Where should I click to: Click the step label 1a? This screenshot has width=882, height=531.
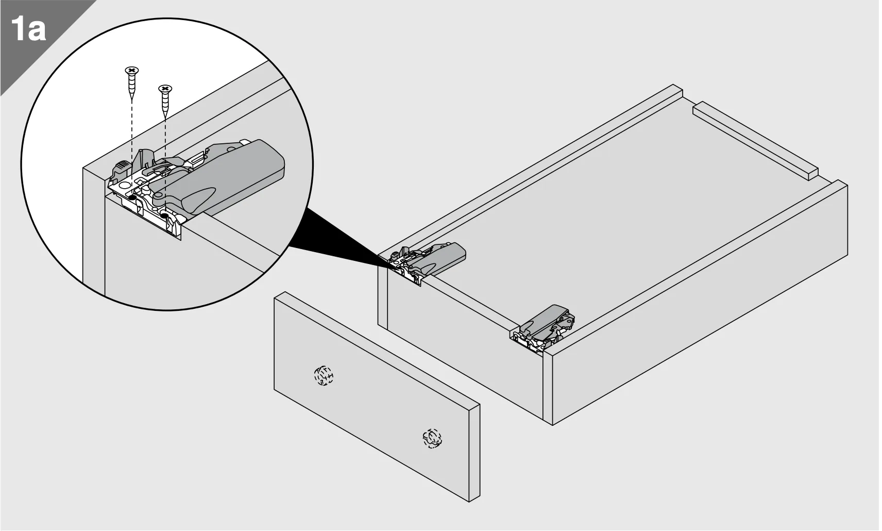click(x=28, y=28)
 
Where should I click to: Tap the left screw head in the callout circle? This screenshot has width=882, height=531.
click(x=132, y=71)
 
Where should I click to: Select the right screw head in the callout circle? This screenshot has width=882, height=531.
click(x=165, y=88)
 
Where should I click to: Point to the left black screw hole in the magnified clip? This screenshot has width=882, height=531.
click(x=133, y=197)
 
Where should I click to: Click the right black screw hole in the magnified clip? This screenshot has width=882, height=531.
click(x=165, y=215)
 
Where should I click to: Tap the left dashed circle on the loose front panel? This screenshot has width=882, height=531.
click(x=324, y=375)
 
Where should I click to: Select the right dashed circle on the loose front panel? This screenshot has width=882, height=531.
click(x=432, y=439)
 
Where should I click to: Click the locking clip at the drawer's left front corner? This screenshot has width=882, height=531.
click(x=427, y=261)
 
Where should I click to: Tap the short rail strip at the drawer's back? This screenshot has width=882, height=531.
click(x=755, y=140)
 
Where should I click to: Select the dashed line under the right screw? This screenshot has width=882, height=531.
click(x=165, y=165)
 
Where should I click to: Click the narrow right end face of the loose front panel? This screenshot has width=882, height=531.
click(x=474, y=453)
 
